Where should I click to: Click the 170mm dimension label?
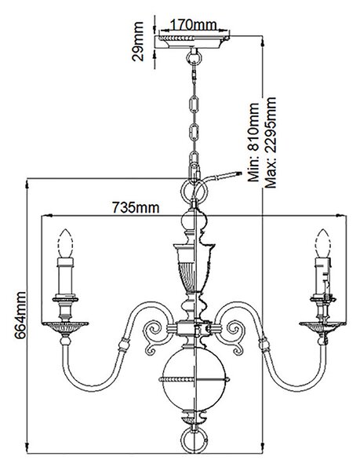pyautogui.click(x=193, y=25)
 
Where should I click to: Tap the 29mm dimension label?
pyautogui.click(x=138, y=42)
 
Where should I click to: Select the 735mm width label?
pyautogui.click(x=136, y=207)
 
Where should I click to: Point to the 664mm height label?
pyautogui.click(x=20, y=315)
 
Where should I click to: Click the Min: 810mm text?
pyautogui.click(x=253, y=142)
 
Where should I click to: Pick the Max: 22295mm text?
pyautogui.click(x=270, y=142)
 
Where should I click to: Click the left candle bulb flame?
pyautogui.click(x=66, y=243)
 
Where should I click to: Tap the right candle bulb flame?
pyautogui.click(x=322, y=243)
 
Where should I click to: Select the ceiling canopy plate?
pyautogui.click(x=194, y=42)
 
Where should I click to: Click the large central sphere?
pyautogui.click(x=194, y=379)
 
